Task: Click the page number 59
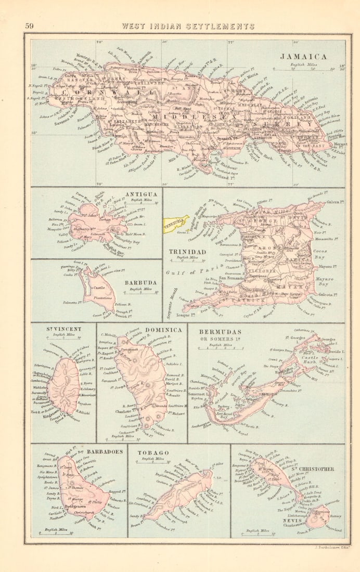29,26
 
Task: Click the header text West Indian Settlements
188,26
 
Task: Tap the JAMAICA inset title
303,57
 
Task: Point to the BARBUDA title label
137,283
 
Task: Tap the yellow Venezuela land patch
175,224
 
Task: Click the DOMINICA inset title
164,330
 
